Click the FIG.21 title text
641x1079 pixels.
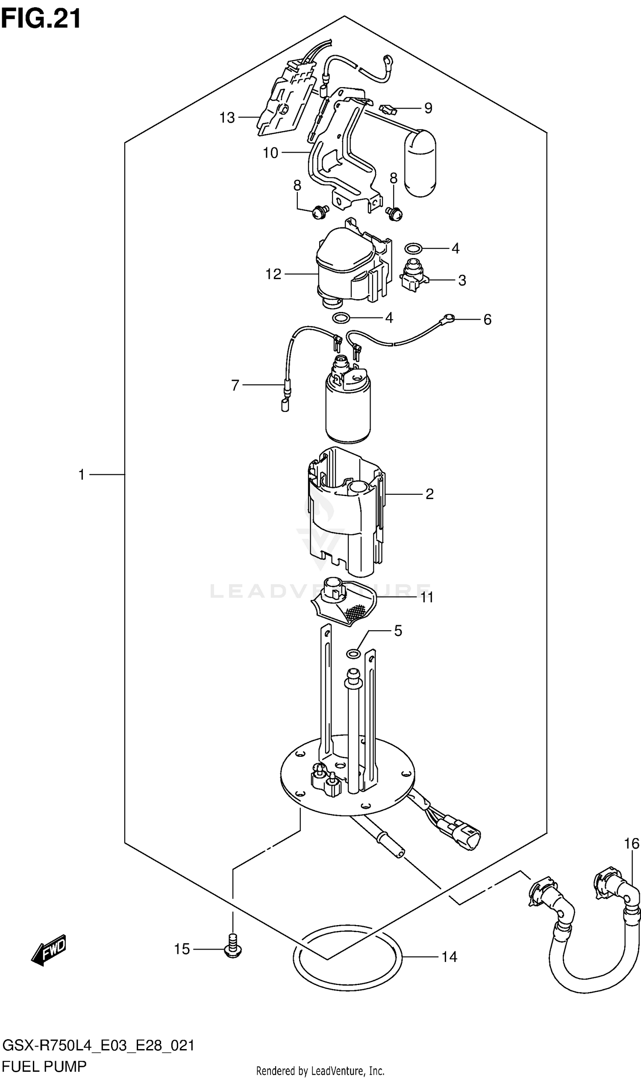click(x=41, y=19)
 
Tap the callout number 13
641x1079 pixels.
click(x=227, y=118)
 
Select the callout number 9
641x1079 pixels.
click(x=428, y=108)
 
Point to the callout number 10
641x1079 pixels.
click(x=271, y=153)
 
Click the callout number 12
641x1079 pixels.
click(x=273, y=274)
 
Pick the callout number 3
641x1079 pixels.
click(x=462, y=280)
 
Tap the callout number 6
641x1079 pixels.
click(x=487, y=320)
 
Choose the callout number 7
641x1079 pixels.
click(x=235, y=385)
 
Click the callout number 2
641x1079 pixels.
click(x=429, y=494)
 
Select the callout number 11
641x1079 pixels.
click(x=427, y=597)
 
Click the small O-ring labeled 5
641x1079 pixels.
click(x=353, y=653)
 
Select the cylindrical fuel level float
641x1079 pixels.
click(x=420, y=163)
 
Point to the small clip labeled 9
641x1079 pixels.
click(x=388, y=109)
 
